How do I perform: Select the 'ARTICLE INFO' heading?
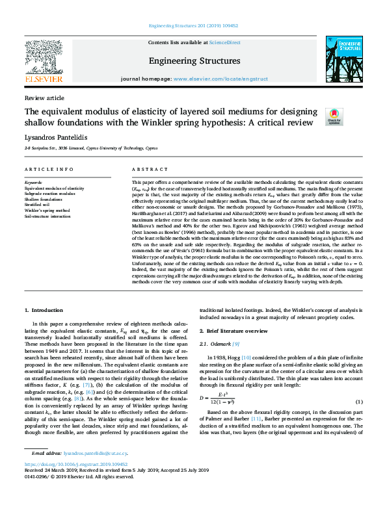coord(49,170)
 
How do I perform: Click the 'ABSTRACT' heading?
coord(145,170)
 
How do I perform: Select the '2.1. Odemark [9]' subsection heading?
coord(220,344)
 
